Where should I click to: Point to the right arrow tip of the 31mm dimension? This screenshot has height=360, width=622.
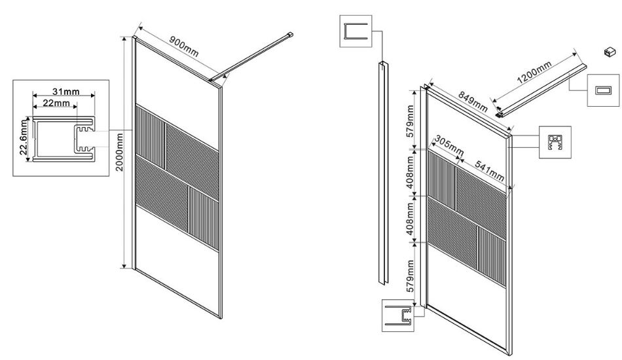pos(95,96)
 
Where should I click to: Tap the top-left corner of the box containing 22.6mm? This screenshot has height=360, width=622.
pos(13,80)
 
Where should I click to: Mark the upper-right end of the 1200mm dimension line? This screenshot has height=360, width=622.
pos(575,52)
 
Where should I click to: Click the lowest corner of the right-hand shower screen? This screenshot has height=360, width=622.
pos(509,355)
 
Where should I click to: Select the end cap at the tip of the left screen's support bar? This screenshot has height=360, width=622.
pos(291,35)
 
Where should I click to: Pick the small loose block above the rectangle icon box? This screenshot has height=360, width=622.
pos(610,52)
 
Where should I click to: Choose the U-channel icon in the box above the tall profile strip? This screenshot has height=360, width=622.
pos(356,31)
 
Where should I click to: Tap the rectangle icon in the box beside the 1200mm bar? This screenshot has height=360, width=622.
pos(604,90)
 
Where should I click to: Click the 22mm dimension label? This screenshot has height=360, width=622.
pos(54,103)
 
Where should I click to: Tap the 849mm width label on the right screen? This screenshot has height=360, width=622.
pos(473,101)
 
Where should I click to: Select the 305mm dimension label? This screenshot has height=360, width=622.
pos(448,145)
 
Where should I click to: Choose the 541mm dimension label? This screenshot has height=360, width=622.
pos(490,171)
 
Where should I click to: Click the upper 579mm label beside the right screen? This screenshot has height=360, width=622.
pos(410,121)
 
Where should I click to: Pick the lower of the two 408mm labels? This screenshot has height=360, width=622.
pos(410,219)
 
